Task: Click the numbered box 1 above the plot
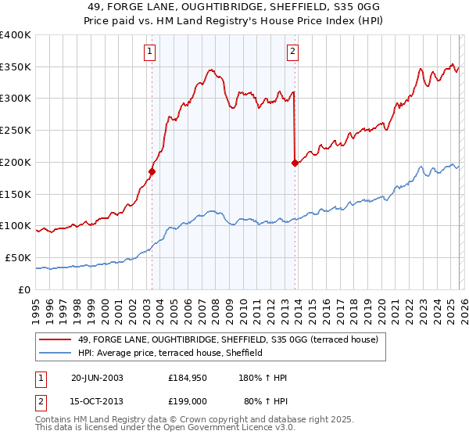coord(149,52)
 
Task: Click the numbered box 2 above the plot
coord(292,52)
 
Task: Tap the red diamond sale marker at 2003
coord(152,171)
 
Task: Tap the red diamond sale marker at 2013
coord(295,163)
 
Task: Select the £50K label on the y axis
coord(18,257)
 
